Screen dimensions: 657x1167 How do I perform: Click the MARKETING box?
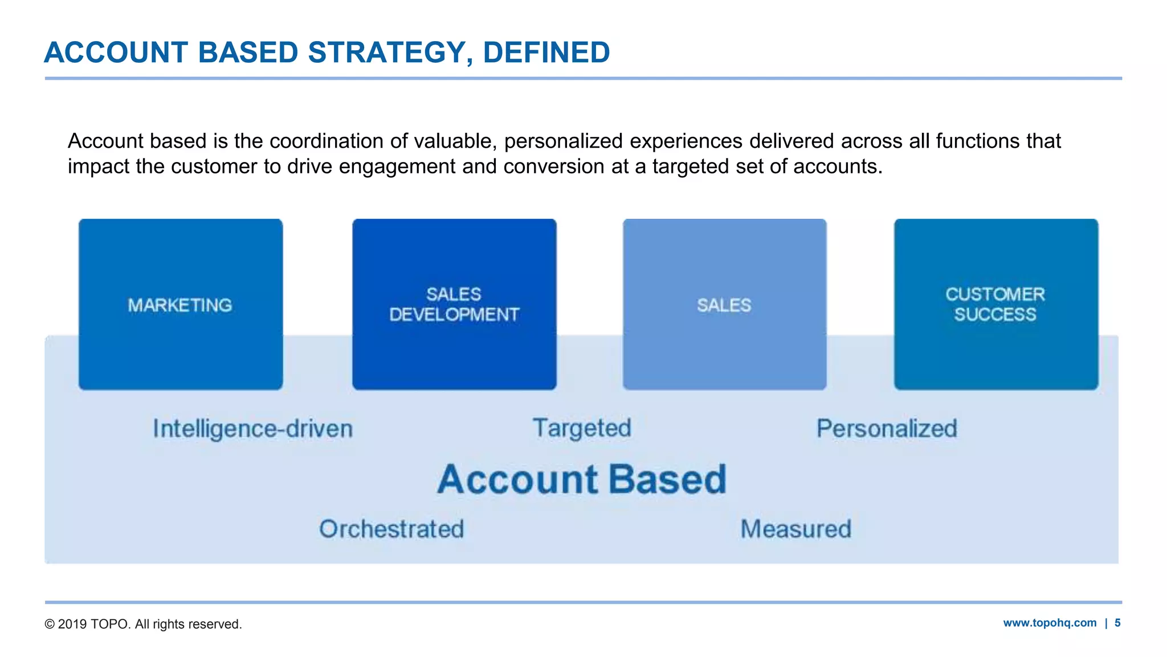pyautogui.click(x=180, y=305)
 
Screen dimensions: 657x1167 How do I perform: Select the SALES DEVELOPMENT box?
pyautogui.click(x=454, y=305)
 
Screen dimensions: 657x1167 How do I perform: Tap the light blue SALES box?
pyautogui.click(x=724, y=305)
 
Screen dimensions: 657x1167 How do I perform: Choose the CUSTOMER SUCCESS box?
pyautogui.click(x=995, y=305)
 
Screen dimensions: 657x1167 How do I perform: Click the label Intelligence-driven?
pyautogui.click(x=252, y=429)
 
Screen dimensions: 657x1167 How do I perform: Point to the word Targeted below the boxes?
pyautogui.click(x=582, y=428)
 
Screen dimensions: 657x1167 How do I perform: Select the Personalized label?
pyautogui.click(x=887, y=429)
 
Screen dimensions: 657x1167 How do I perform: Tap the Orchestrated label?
pyautogui.click(x=391, y=529)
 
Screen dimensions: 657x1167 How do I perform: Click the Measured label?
pyautogui.click(x=795, y=529)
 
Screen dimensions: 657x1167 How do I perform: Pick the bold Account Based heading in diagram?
pyautogui.click(x=582, y=479)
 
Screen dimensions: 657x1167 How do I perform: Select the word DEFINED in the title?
pyautogui.click(x=546, y=52)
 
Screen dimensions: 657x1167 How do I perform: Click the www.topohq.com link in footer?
pyautogui.click(x=1050, y=623)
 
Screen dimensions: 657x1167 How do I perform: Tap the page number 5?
pyautogui.click(x=1117, y=623)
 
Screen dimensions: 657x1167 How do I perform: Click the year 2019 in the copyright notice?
pyautogui.click(x=72, y=624)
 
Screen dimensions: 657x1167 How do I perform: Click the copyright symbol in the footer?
pyautogui.click(x=50, y=624)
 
